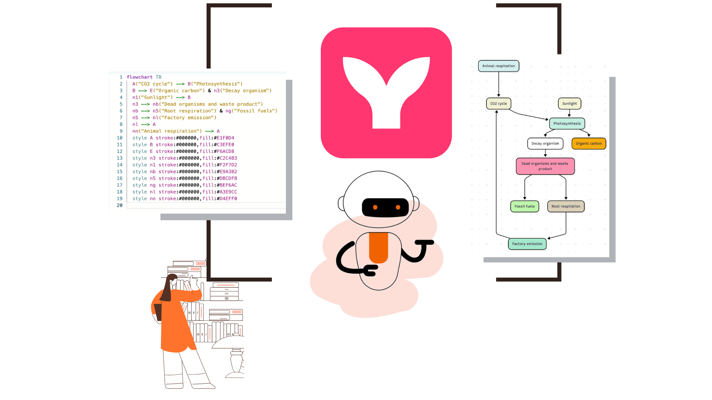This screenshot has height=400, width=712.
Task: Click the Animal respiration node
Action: coord(498,66)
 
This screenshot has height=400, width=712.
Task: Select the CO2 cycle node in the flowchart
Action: coord(498,104)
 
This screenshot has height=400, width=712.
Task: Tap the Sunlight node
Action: coord(569,104)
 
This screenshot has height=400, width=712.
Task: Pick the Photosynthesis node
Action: coord(567,124)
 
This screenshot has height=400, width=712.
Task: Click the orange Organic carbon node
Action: coord(589,144)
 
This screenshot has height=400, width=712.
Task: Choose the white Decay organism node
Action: coord(545,144)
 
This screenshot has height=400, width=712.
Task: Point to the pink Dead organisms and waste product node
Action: coord(545,166)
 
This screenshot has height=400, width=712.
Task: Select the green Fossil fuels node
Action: coord(524,206)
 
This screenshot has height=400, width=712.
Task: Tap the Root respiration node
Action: coord(566,206)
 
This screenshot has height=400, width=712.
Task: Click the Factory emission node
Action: coord(527,244)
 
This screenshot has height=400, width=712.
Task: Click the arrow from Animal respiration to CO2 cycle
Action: coord(499,84)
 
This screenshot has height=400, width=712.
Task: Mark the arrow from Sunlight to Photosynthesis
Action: coord(569,113)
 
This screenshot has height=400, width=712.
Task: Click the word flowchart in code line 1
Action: coord(139,77)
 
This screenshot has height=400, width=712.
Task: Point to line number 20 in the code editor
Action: coord(119,205)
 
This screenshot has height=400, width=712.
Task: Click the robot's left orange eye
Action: coord(375,207)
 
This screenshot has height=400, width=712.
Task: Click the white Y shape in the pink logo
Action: coord(386,93)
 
